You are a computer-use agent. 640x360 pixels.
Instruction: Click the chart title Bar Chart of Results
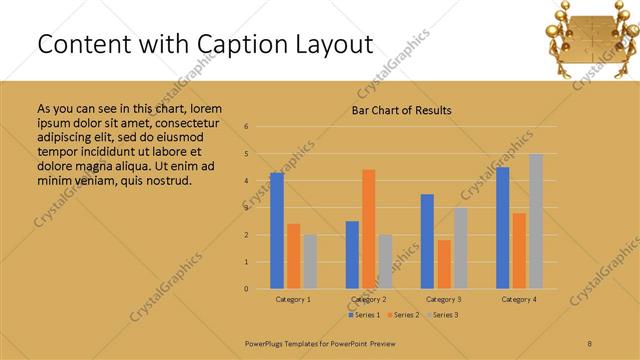401,110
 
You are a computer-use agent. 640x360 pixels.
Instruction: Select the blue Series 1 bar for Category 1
277,231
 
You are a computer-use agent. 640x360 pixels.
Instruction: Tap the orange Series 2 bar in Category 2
368,229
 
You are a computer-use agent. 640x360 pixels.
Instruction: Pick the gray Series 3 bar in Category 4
535,221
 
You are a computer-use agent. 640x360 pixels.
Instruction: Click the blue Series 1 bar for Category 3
427,241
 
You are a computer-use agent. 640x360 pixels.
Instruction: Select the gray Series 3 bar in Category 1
310,262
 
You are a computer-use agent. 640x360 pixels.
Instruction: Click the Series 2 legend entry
402,315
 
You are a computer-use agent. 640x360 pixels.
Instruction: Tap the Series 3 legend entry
442,315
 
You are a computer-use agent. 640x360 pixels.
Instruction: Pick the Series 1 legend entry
361,315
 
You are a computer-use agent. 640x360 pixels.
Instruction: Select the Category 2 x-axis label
368,299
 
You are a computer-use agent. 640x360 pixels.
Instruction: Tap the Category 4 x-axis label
518,299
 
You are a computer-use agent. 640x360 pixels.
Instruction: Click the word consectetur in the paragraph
175,122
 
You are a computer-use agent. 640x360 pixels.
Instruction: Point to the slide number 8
589,343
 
